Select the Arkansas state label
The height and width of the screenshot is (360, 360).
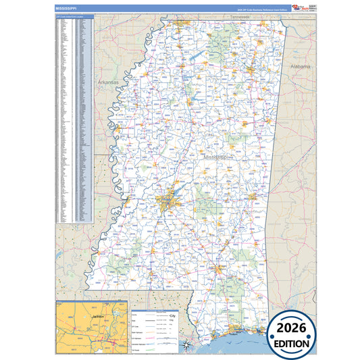click(107, 82)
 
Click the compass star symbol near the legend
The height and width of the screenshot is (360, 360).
click(186, 345)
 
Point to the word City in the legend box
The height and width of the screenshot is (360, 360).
click(172, 315)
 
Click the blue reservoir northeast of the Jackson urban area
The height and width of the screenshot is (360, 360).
click(181, 189)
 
